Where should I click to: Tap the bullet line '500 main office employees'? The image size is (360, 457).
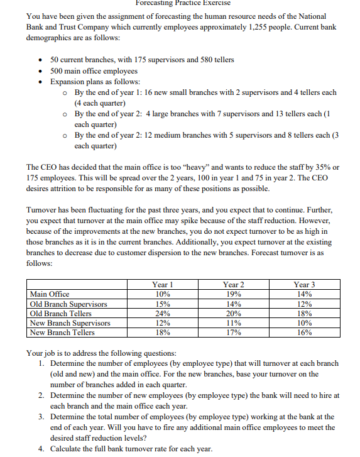click(96, 70)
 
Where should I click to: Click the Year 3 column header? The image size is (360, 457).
click(304, 285)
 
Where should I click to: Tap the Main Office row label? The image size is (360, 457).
click(50, 294)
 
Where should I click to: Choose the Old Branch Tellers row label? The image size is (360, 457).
click(61, 313)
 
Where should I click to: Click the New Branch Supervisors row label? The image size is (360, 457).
click(70, 322)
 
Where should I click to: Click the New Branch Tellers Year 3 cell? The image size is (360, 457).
click(304, 333)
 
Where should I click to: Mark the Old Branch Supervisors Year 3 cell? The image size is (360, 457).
click(304, 304)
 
